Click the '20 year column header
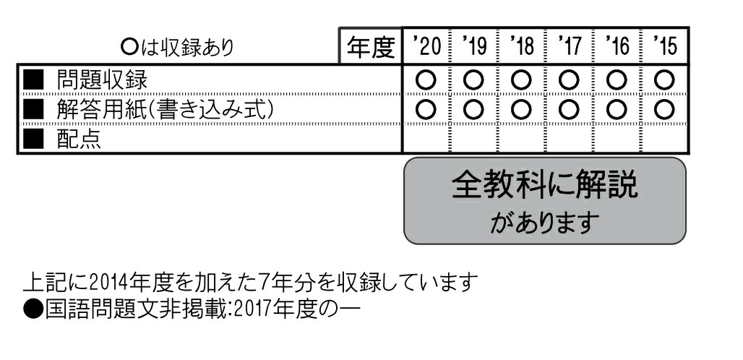tap(426, 47)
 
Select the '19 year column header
tap(474, 47)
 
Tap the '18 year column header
tap(522, 47)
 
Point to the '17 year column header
tap(570, 47)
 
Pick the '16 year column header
tap(618, 47)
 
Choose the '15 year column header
tap(665, 47)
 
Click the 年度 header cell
tap(371, 47)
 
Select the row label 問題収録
tap(102, 77)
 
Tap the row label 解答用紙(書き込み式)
tap(166, 109)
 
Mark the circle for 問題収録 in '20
tap(426, 77)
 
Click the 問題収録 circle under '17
tap(570, 77)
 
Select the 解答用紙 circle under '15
tap(665, 109)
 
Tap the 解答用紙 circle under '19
tap(474, 109)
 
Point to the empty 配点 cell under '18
tap(522, 140)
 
